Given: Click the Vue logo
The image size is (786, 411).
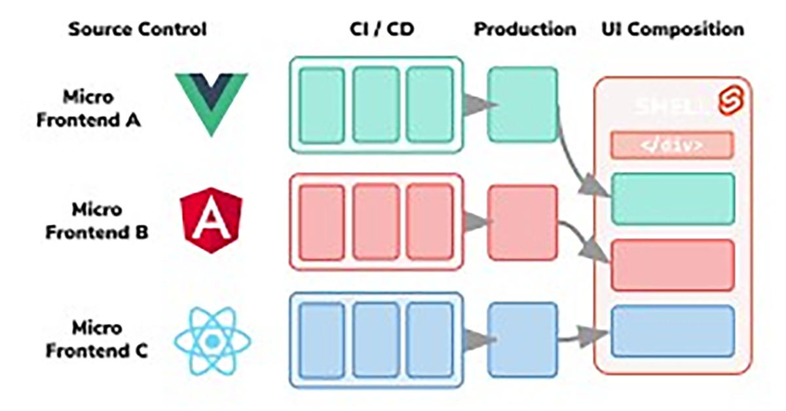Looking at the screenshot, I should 211,102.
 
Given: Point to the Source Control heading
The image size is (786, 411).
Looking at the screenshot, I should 137,29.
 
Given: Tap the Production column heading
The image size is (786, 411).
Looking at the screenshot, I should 525,29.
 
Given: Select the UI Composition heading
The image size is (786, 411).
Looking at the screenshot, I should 673,29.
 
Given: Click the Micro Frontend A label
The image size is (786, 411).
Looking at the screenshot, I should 88,109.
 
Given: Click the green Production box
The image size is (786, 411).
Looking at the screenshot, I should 523,104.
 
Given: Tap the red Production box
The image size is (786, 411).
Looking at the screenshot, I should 523,221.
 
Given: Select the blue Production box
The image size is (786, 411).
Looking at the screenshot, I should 523,338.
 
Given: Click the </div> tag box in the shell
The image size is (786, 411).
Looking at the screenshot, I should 671,145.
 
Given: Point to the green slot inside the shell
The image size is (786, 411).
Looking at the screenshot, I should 673,199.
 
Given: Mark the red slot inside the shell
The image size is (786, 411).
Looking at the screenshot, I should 673,264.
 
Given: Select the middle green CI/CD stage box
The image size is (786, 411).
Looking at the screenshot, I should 376,104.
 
